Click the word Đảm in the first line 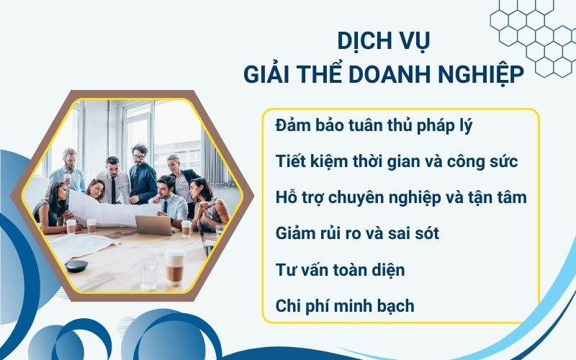click(x=293, y=125)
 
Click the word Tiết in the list click(x=290, y=161)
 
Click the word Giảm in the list click(x=296, y=233)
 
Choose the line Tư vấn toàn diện click(x=340, y=270)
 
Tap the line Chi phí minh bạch click(x=345, y=306)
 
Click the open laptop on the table click(x=154, y=225)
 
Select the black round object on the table click(x=76, y=266)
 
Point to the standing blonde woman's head click(x=174, y=162)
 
